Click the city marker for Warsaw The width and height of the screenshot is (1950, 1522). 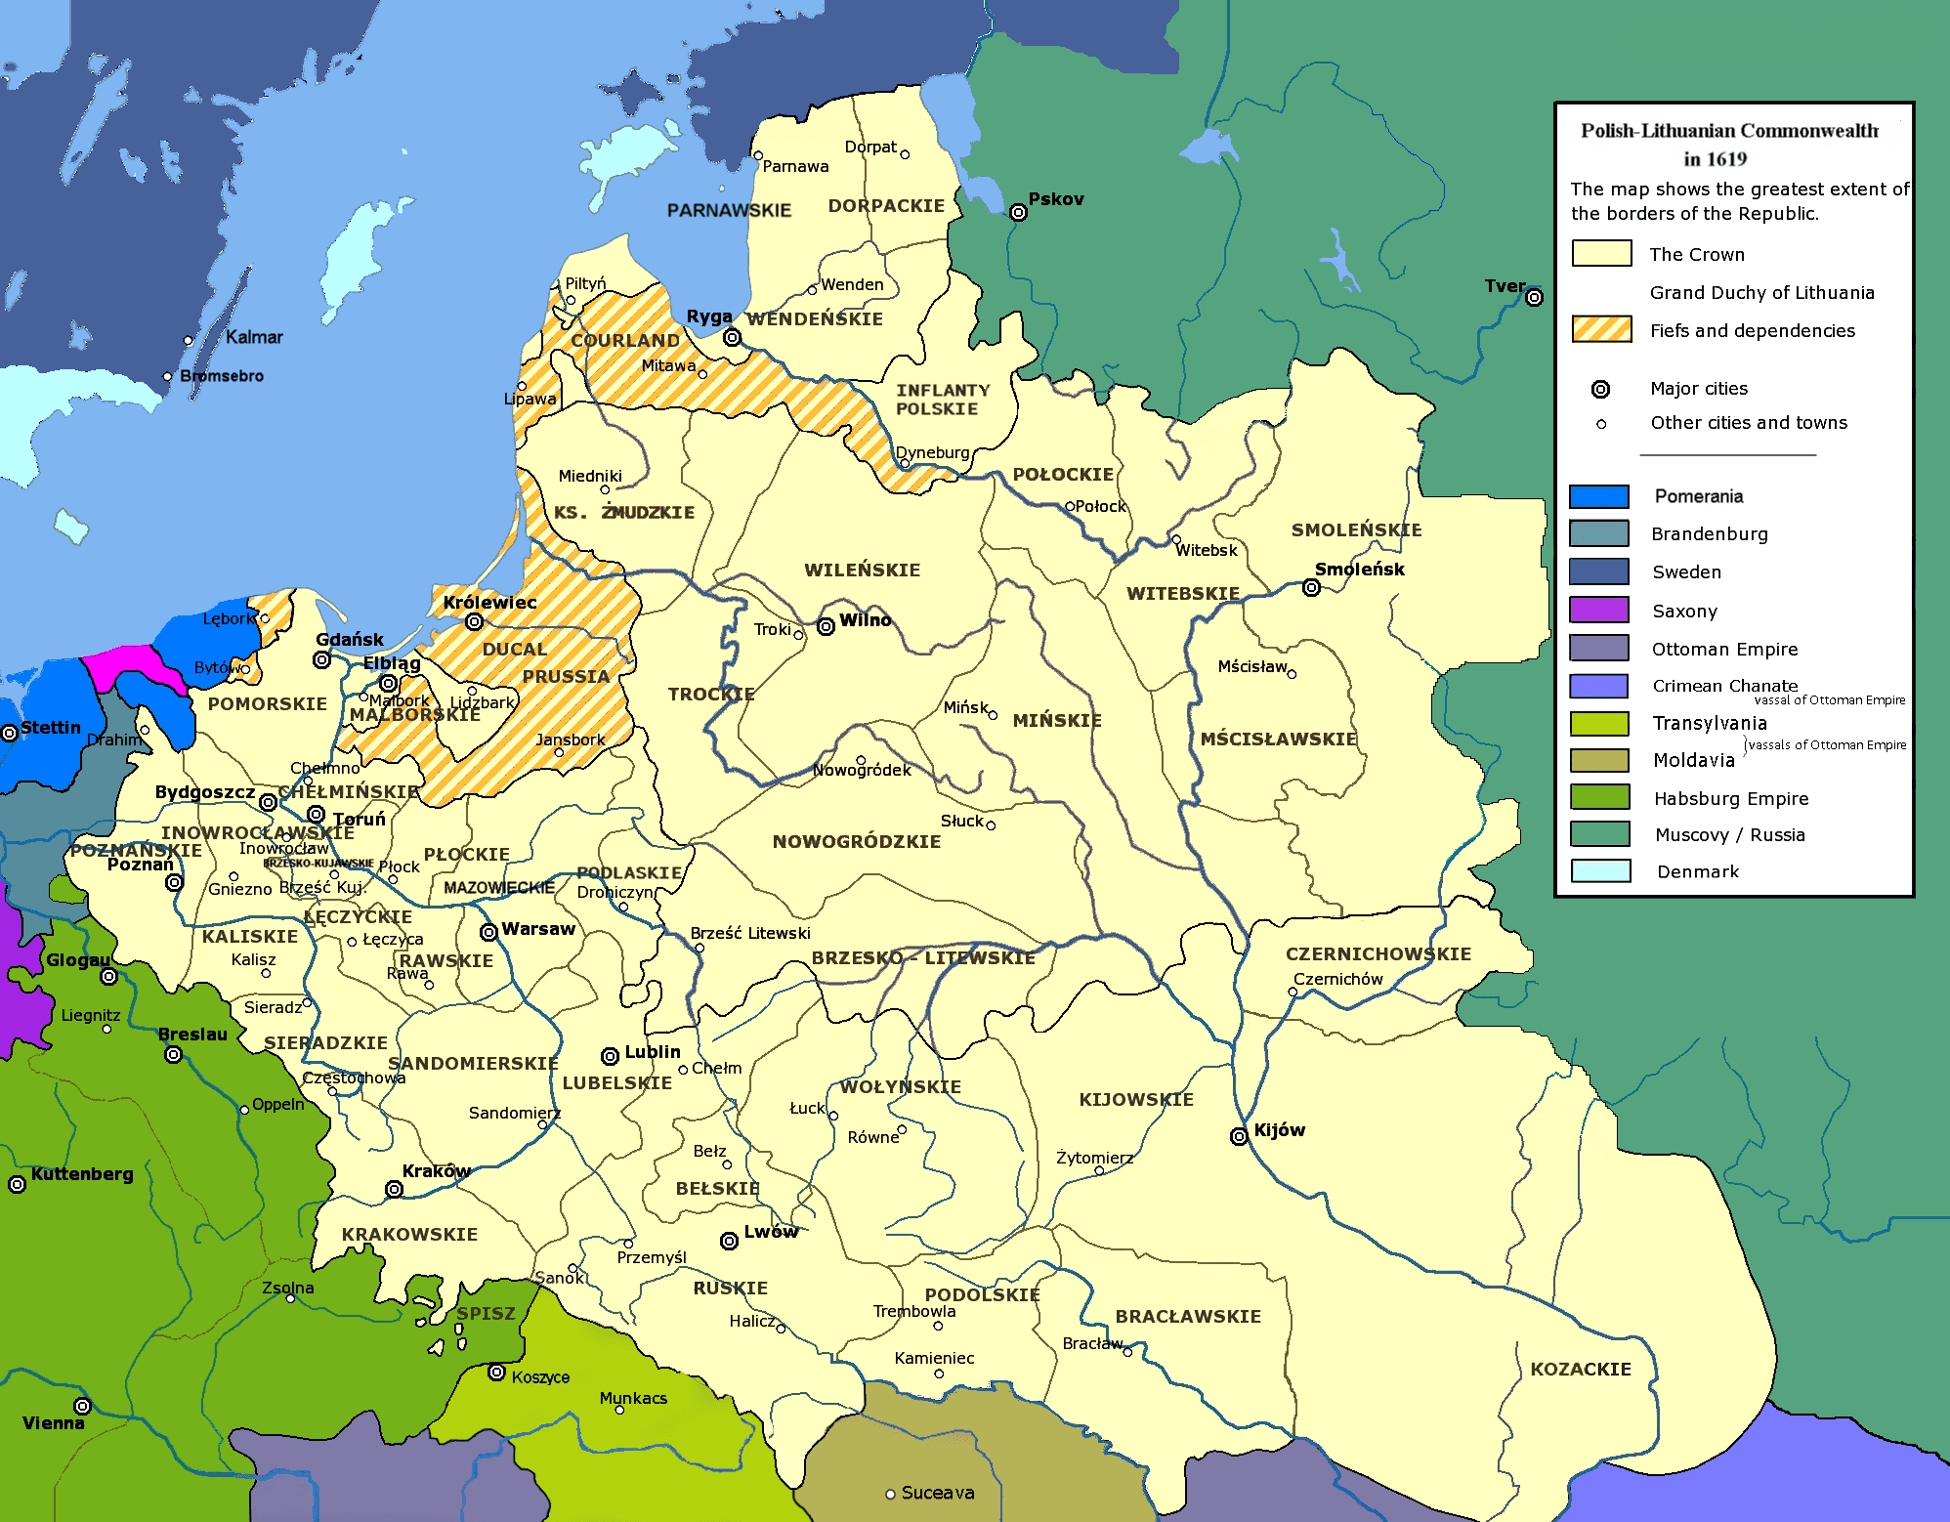point(488,932)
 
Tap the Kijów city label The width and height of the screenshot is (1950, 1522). point(1279,1130)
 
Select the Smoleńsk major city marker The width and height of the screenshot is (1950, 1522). point(1311,587)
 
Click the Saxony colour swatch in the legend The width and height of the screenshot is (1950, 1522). point(1598,611)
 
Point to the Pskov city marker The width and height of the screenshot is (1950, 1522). point(1018,212)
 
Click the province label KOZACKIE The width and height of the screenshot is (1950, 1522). point(1580,1370)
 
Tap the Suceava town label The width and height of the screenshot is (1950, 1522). point(937,1493)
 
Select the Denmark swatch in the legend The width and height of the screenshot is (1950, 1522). point(1599,871)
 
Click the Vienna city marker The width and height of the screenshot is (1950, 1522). point(83,1406)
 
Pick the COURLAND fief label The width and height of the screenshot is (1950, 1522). point(625,340)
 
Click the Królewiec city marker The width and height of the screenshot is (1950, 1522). point(474,621)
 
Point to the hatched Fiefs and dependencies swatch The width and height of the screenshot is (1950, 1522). point(1600,330)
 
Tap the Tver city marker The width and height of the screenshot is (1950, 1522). point(1534,297)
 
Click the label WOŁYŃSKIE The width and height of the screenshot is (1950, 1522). point(900,1086)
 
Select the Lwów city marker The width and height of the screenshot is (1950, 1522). point(729,1241)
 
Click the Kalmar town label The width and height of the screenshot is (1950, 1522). point(254,337)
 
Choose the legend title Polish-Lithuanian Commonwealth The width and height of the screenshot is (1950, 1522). point(1728,131)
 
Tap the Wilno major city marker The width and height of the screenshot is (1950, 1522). point(826,626)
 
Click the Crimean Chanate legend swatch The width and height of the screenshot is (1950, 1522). point(1598,686)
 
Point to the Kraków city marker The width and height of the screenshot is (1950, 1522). point(394,1189)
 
